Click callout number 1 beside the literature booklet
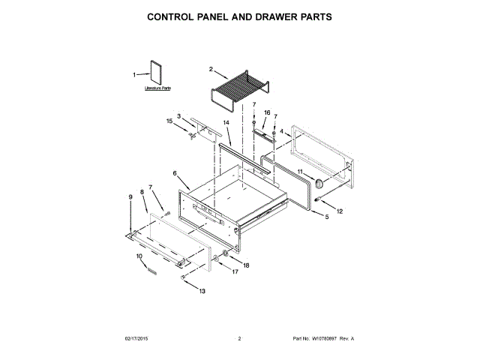pos(135,74)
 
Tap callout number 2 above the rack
pos(211,70)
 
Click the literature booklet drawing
pos(156,73)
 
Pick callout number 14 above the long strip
pos(226,121)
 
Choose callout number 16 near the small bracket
pos(266,112)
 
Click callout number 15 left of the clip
pos(169,120)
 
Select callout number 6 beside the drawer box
pos(175,173)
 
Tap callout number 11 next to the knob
pos(299,172)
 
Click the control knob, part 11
pos(321,183)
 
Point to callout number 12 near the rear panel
pos(339,211)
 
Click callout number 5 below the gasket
pos(326,217)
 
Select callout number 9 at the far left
pos(130,196)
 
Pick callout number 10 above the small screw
pos(139,256)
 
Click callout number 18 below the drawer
pos(246,265)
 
